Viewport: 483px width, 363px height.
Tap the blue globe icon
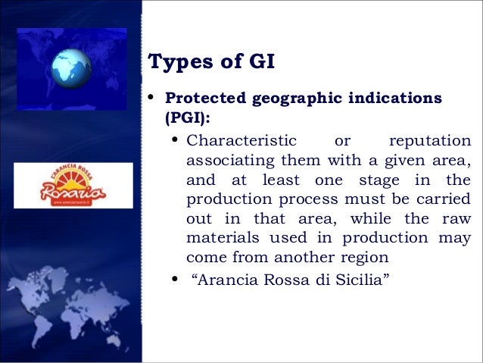(72, 67)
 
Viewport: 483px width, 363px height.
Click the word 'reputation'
(428, 141)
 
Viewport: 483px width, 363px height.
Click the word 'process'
(298, 199)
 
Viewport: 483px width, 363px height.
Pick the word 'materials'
(218, 238)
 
